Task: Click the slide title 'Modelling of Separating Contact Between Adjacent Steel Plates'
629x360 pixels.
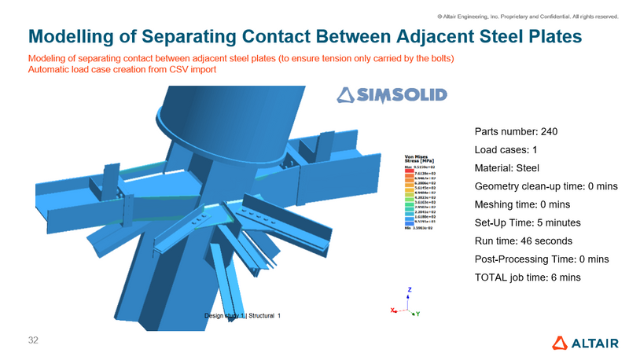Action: (x=305, y=36)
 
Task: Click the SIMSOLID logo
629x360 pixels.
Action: (x=392, y=96)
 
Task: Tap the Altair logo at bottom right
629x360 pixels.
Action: (x=587, y=342)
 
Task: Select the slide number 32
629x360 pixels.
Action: (x=32, y=340)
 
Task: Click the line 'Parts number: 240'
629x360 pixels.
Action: (x=517, y=130)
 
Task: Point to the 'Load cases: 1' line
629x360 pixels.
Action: (x=506, y=149)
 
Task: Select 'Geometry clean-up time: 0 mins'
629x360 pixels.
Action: (x=547, y=186)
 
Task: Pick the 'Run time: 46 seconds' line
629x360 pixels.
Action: (x=524, y=241)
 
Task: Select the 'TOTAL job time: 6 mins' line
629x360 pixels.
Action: (x=528, y=277)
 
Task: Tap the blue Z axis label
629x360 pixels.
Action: (x=410, y=289)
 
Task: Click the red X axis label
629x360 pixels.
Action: (x=392, y=310)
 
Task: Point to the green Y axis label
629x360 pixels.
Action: (x=418, y=314)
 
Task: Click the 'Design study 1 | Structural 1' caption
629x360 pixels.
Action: (x=242, y=315)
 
